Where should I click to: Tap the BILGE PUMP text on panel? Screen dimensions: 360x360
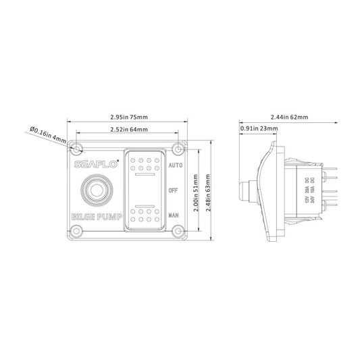pos(95,217)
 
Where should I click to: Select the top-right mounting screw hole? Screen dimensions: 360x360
pos(178,147)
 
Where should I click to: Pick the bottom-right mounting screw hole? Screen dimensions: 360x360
pos(178,232)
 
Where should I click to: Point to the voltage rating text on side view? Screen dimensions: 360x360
pos(310,190)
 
